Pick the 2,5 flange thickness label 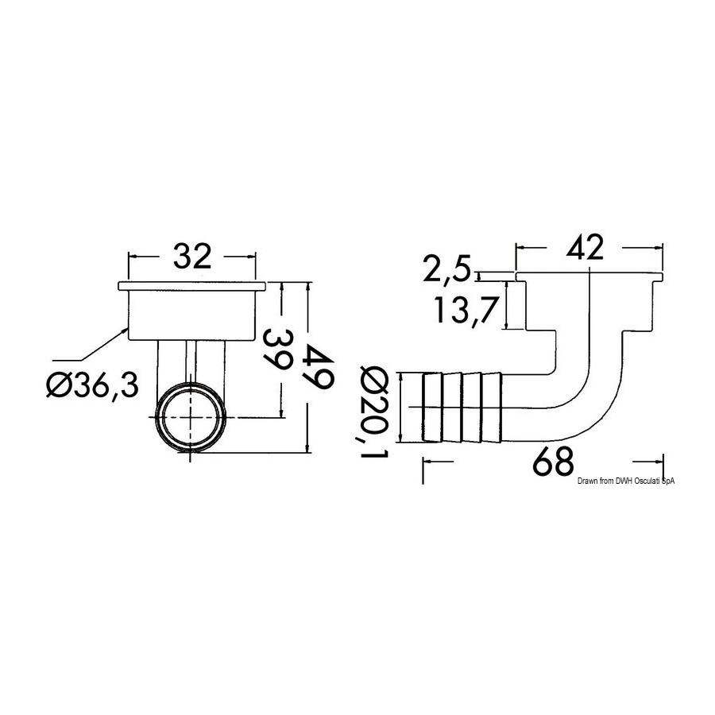(446, 269)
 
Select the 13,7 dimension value (465, 310)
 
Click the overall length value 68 (552, 461)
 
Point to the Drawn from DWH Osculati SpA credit (626, 481)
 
